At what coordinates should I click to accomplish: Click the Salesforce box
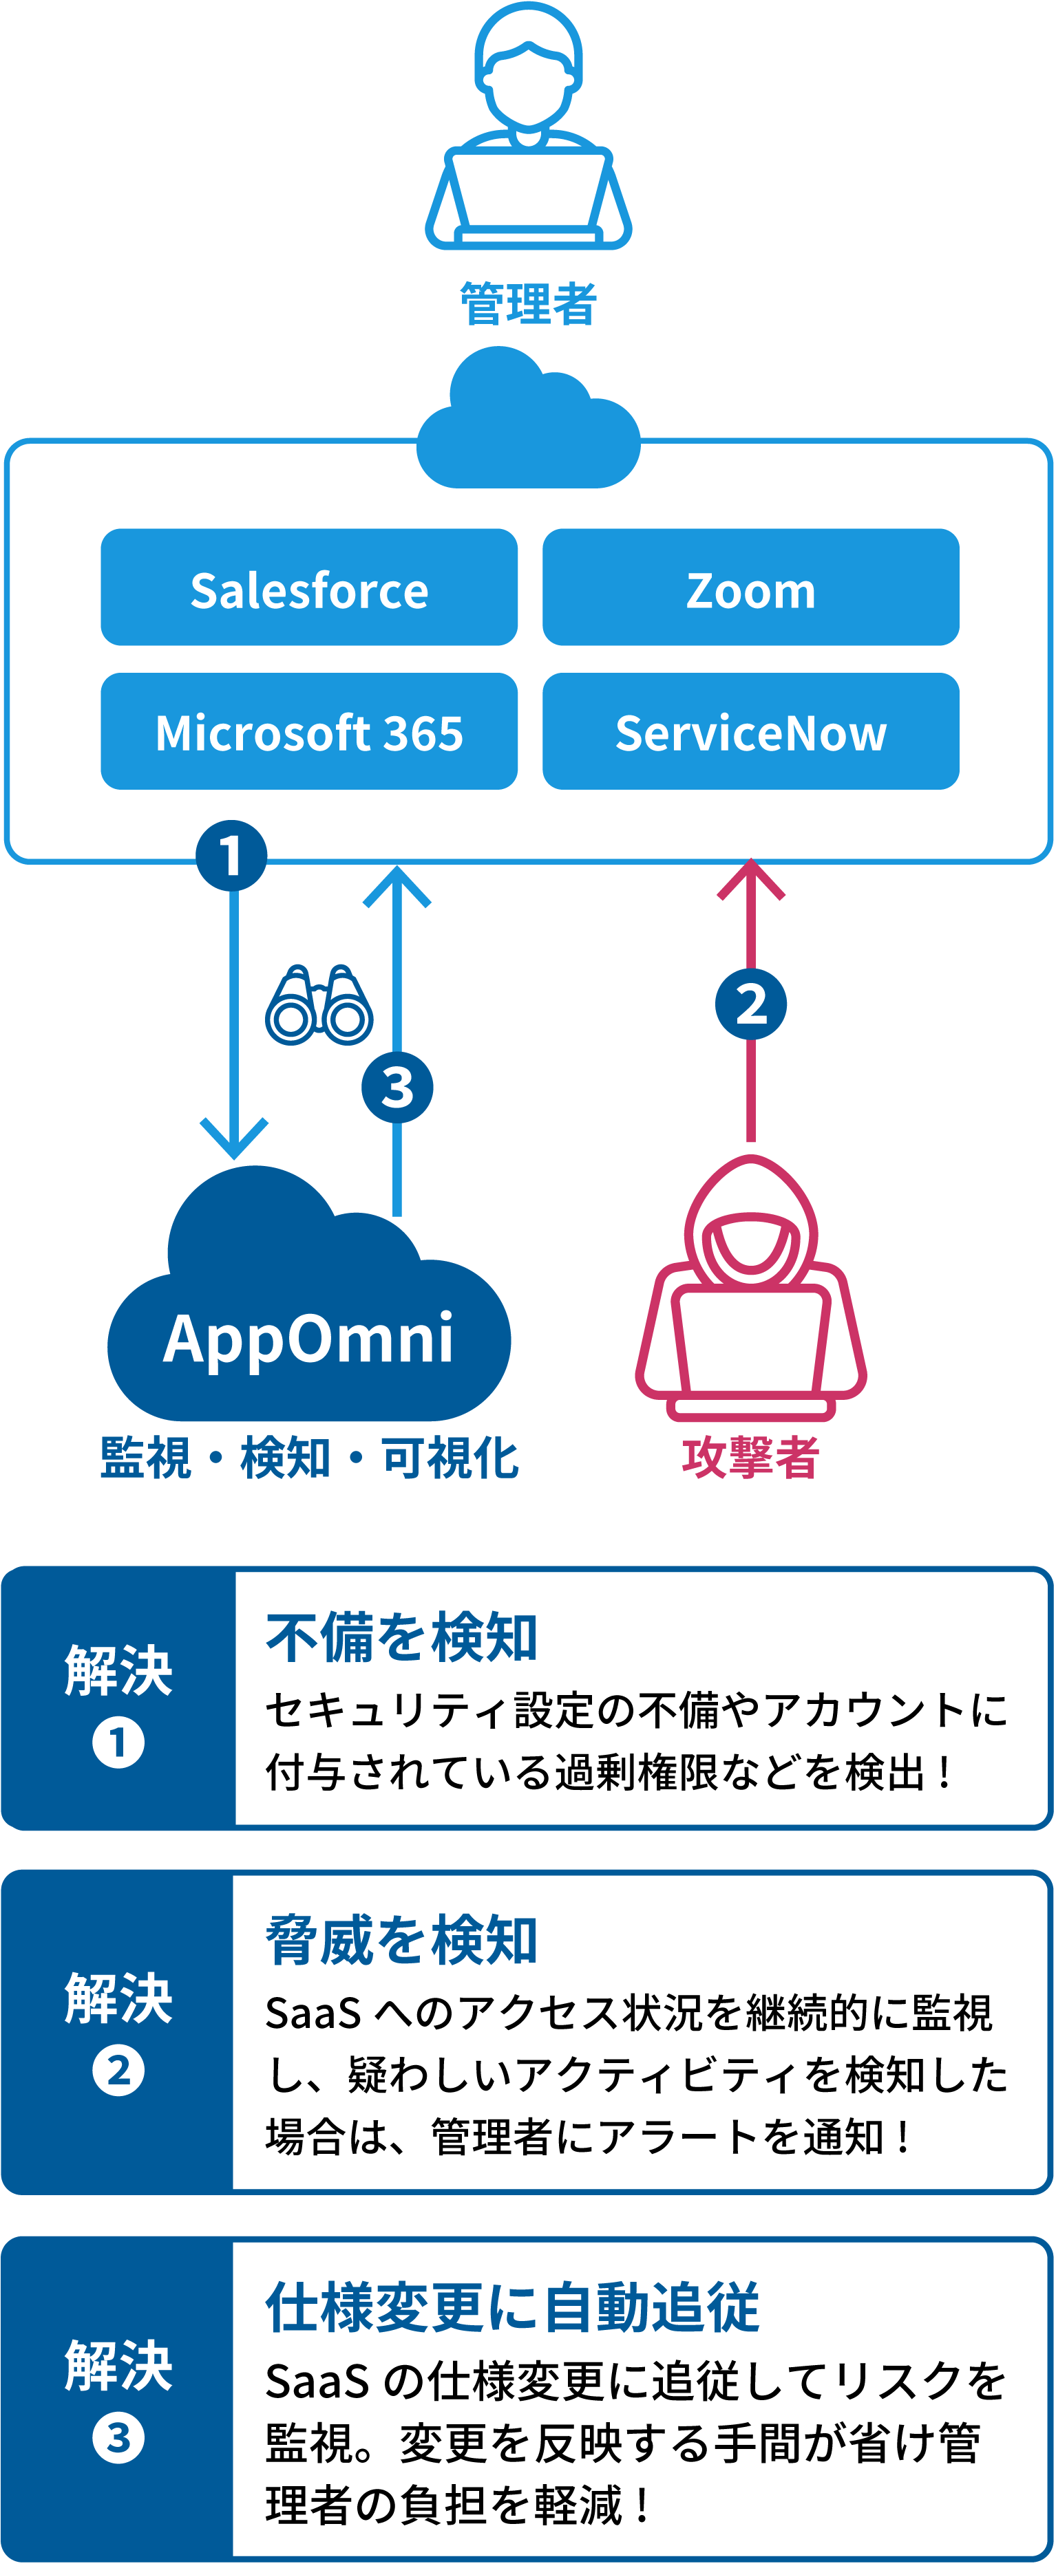[x=309, y=587]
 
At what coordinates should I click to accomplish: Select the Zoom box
[x=750, y=587]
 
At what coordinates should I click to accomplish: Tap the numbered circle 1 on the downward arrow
[x=231, y=855]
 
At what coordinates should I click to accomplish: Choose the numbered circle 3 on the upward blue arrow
[x=397, y=1087]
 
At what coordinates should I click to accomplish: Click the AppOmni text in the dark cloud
[x=308, y=1338]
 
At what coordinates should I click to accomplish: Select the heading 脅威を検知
[x=401, y=1940]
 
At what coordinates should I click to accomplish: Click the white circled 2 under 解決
[x=118, y=2071]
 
